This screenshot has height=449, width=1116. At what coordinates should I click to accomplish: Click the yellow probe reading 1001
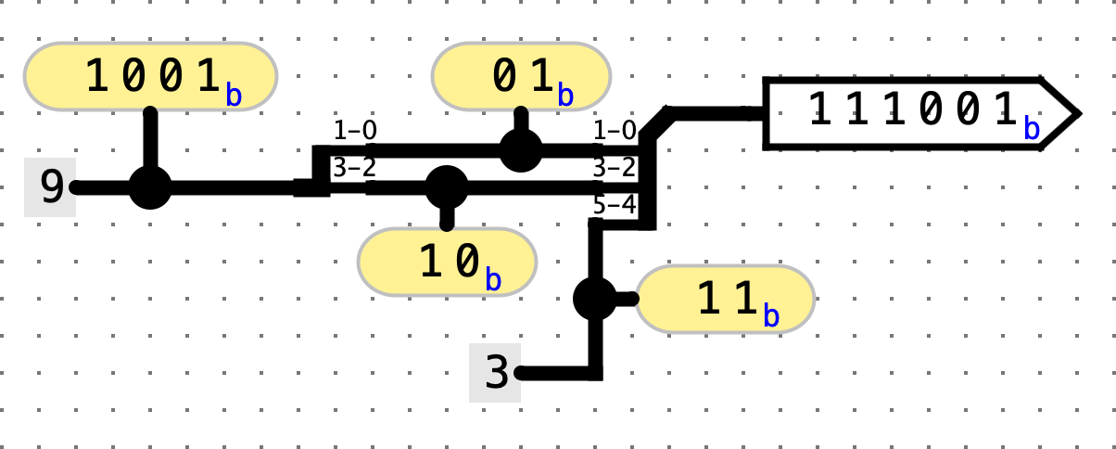tap(150, 76)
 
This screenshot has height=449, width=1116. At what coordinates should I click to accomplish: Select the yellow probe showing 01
tap(521, 76)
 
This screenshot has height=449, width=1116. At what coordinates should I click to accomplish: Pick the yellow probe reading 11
tap(725, 299)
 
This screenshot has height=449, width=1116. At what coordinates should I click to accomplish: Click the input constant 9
tap(51, 187)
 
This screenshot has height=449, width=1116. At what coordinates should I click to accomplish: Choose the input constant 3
tap(496, 373)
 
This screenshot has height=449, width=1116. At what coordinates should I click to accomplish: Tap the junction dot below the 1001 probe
tap(150, 187)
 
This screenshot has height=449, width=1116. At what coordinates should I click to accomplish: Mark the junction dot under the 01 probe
tap(521, 149)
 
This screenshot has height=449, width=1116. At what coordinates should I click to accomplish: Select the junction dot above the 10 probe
tap(447, 187)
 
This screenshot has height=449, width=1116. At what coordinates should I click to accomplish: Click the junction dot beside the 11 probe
tap(595, 299)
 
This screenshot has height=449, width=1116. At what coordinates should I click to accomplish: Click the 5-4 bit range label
tap(614, 205)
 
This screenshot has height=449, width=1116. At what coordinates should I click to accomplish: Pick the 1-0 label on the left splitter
tap(355, 131)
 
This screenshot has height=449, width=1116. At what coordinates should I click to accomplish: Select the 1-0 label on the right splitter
tap(614, 131)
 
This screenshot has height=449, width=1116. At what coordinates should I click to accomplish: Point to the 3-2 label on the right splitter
tap(614, 168)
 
